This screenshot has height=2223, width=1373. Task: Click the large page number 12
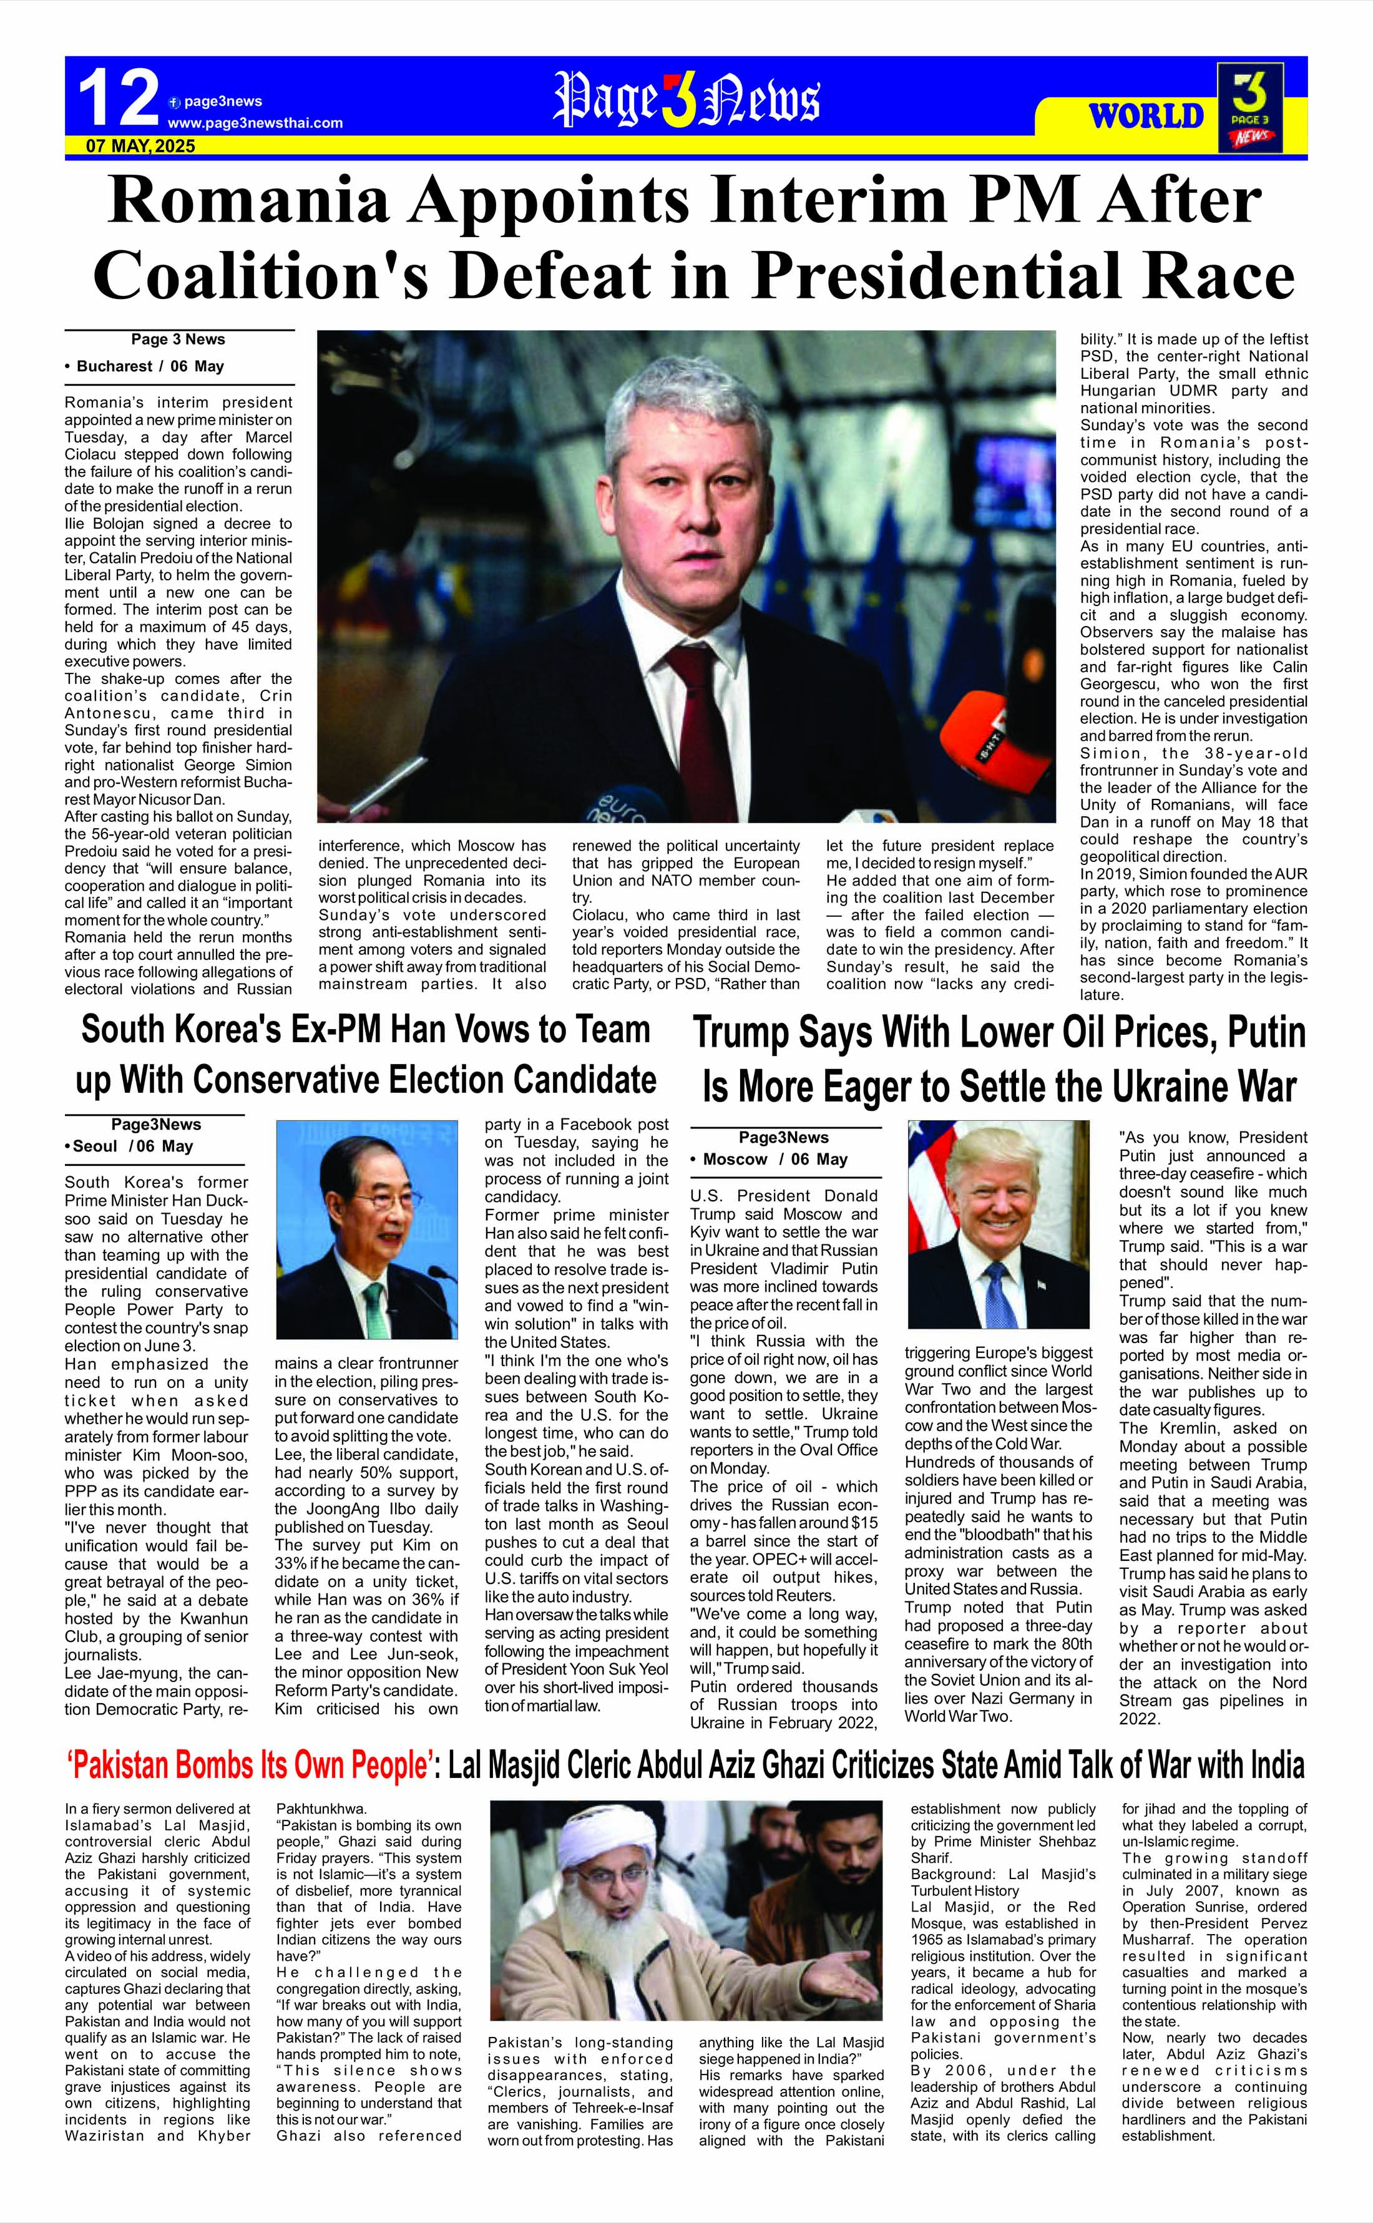click(118, 99)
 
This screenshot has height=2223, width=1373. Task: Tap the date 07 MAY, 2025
click(141, 145)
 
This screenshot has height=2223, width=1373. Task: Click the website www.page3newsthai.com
click(255, 122)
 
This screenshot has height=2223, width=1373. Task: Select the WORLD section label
click(1146, 116)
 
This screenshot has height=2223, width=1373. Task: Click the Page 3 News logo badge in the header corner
click(1251, 107)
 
